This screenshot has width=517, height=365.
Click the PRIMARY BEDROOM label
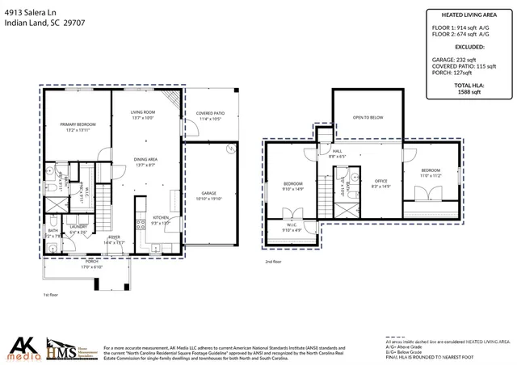(78, 124)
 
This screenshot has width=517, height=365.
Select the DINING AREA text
(145, 160)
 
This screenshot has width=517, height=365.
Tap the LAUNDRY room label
(79, 227)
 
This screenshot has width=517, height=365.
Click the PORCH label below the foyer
(92, 262)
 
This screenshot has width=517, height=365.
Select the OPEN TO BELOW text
(368, 118)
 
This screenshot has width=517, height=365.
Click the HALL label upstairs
(337, 151)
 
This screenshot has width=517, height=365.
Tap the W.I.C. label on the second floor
(292, 225)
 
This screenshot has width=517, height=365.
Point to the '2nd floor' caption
(273, 262)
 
